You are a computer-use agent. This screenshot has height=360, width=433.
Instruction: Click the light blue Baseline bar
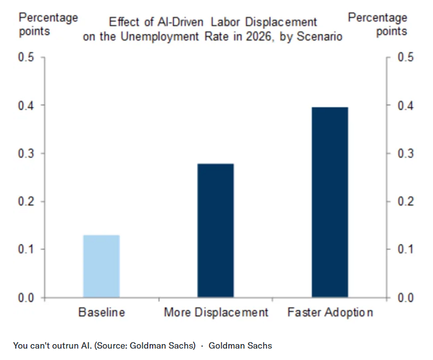click(x=101, y=266)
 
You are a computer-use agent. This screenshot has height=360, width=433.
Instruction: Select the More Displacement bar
click(x=216, y=231)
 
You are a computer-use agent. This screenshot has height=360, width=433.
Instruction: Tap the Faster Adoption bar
click(x=330, y=202)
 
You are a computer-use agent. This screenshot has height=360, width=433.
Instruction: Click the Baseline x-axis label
click(x=101, y=312)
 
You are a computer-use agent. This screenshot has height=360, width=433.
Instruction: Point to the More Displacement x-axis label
click(x=216, y=312)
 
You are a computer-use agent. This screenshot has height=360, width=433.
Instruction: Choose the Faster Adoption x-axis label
click(x=330, y=312)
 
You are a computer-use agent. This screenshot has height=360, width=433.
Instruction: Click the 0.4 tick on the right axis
click(x=406, y=106)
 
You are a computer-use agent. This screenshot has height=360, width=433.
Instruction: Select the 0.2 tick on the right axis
click(x=406, y=201)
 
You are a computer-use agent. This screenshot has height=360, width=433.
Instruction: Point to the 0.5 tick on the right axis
click(x=406, y=57)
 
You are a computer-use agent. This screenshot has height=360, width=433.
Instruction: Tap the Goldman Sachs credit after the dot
click(x=240, y=345)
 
